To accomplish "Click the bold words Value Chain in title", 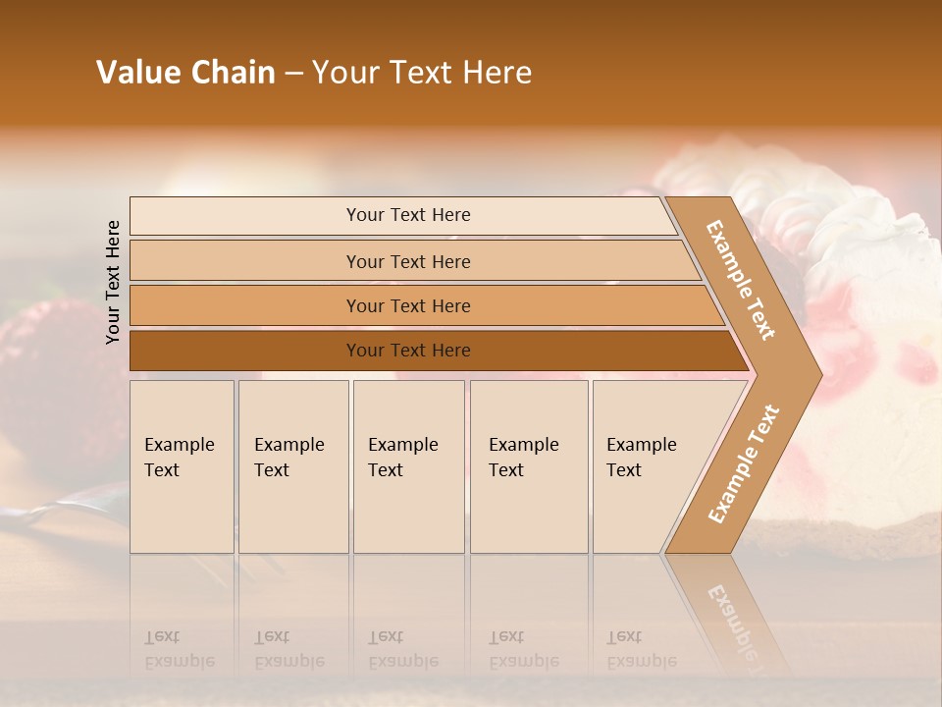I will pos(185,73).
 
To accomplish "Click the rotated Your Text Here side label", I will pos(113,282).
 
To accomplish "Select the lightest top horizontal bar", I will pos(408,215).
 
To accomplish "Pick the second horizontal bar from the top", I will pos(408,261).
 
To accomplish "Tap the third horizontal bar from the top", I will pos(408,306).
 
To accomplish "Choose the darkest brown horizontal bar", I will pos(408,351).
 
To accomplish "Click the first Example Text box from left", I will pos(182,466).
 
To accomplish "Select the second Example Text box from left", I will pos(293,466).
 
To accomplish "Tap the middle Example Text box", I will pos(408,466).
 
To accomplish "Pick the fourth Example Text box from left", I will pos(529,466).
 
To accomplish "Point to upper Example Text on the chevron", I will pos(741,280).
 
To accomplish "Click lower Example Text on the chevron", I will pos(744,463).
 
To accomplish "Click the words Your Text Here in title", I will pos(422,73).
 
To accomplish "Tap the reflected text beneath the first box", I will pos(179,650).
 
